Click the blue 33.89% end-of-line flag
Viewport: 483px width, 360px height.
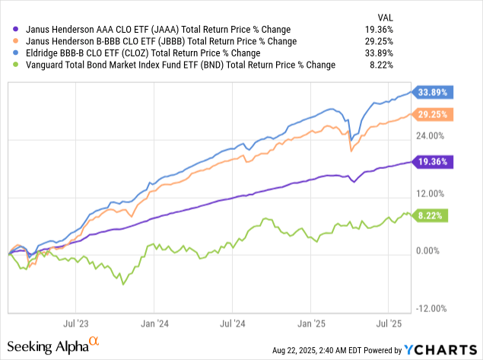434,92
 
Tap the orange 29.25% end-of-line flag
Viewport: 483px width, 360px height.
434,114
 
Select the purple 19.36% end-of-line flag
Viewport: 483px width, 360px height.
434,161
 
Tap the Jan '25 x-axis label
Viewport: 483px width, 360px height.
311,323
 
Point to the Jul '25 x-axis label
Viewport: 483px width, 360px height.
388,323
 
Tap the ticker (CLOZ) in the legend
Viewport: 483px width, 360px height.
159,53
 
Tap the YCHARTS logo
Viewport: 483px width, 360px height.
442,349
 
